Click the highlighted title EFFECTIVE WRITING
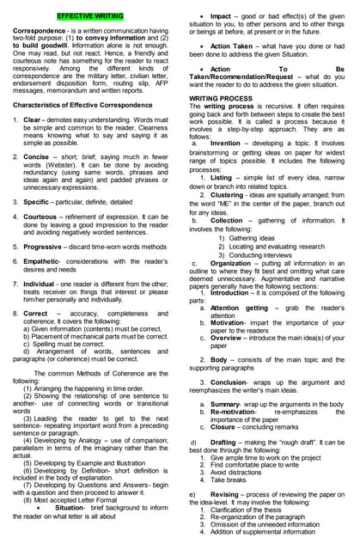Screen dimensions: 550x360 [x=90, y=16]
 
